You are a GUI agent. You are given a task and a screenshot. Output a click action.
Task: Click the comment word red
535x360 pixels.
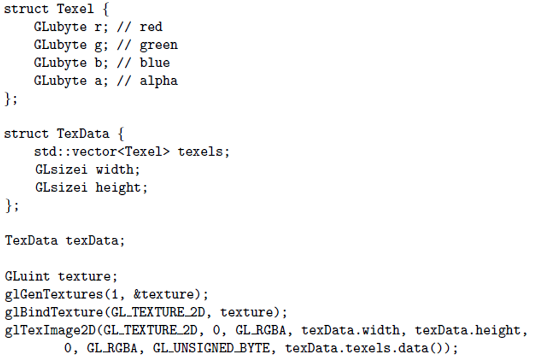(151, 27)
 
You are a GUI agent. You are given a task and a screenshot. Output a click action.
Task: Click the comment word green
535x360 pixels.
(159, 46)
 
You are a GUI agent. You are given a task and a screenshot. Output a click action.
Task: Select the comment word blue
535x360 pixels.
(154, 63)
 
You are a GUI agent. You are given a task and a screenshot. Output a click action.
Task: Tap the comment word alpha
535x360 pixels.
(159, 81)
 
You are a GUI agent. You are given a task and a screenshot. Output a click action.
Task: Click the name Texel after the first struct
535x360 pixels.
(75, 8)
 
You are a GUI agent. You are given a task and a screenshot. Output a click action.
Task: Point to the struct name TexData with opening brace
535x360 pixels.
(91, 134)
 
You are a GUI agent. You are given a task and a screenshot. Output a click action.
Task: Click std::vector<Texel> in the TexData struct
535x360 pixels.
(102, 152)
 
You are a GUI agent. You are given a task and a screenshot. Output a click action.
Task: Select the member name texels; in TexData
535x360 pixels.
(204, 152)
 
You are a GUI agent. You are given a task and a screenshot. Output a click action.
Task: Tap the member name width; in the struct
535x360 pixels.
(117, 169)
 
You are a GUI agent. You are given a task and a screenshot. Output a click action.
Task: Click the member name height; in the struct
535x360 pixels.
(121, 188)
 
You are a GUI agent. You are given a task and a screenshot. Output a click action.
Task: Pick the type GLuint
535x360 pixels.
(27, 276)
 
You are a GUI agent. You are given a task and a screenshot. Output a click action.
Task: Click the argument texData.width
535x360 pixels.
(350, 330)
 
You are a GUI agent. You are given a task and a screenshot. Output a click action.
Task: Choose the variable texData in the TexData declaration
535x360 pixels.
(92, 241)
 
